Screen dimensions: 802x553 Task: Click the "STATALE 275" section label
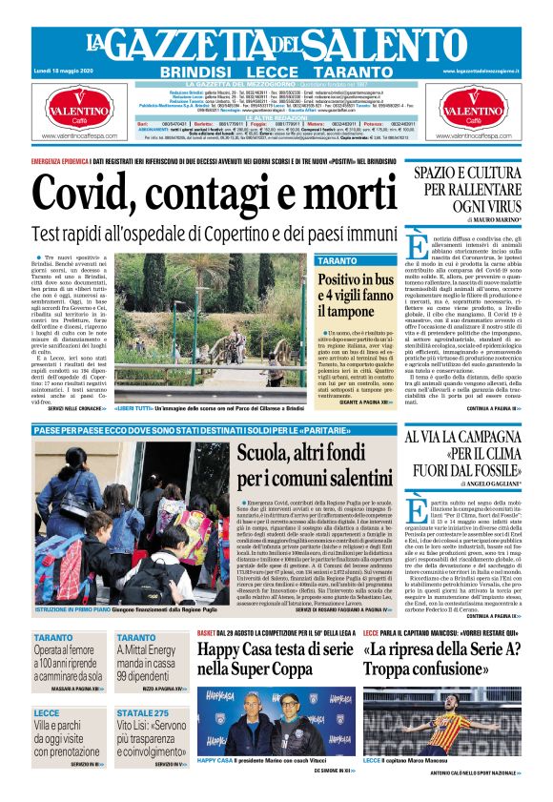coord(137,713)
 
